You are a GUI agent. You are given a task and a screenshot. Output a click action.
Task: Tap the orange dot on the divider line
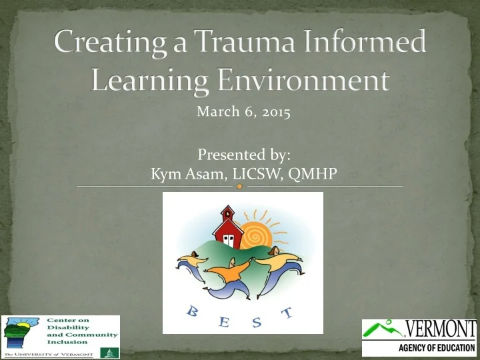pyautogui.click(x=240, y=187)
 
